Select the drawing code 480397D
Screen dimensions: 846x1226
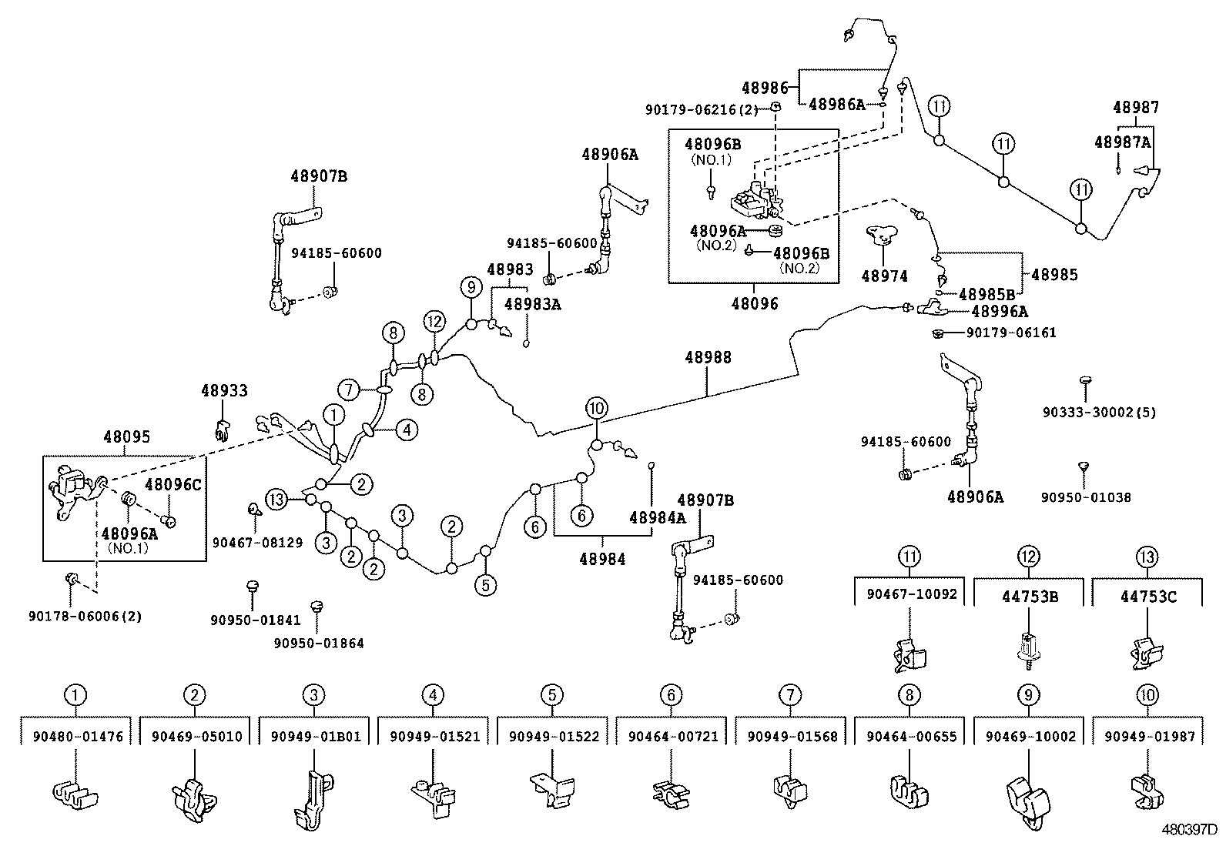[1189, 831]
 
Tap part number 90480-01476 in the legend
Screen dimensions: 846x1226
[78, 737]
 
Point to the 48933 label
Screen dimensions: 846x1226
[225, 391]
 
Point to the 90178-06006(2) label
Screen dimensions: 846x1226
[85, 616]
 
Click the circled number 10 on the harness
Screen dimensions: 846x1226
[596, 408]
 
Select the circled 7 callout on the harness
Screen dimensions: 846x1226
[349, 390]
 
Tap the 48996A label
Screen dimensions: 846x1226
[1000, 312]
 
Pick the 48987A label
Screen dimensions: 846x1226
[1122, 142]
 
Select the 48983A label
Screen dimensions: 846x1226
[532, 304]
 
